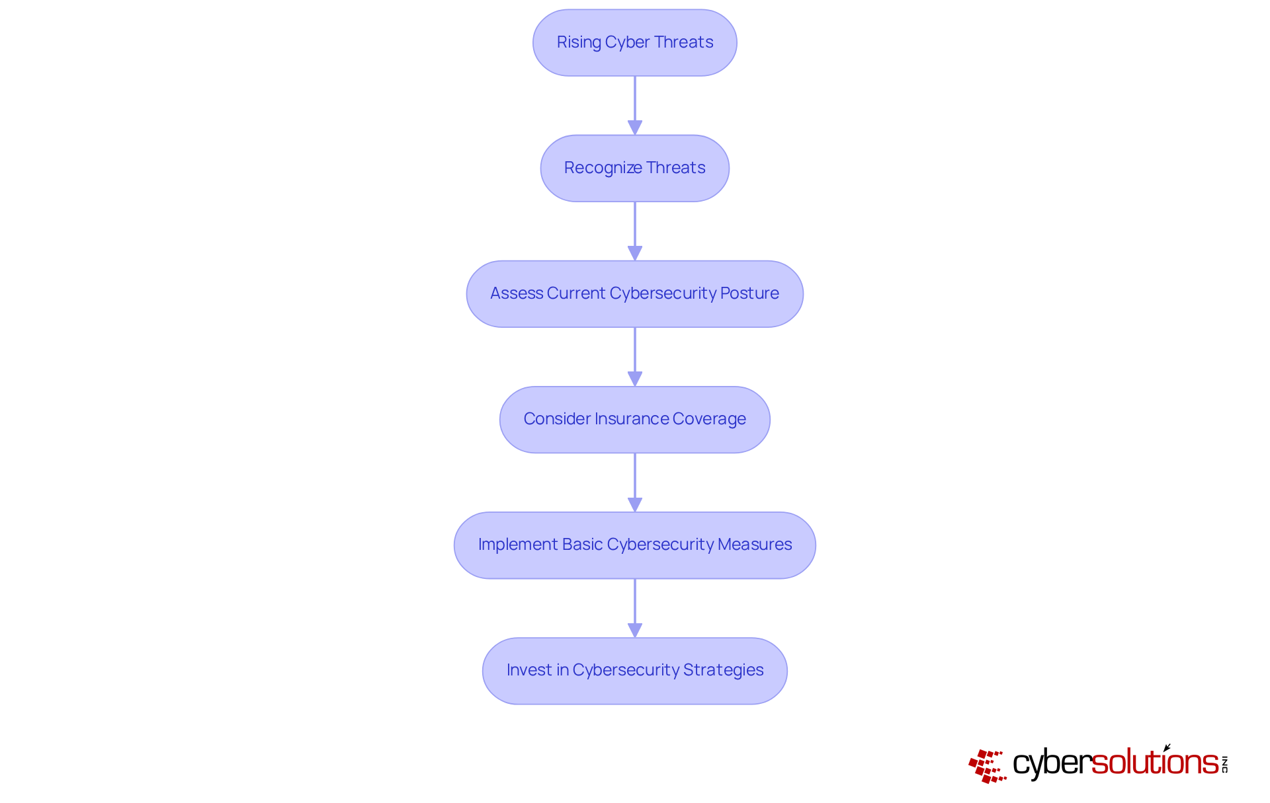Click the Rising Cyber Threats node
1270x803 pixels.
click(634, 42)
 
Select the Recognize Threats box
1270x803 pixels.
click(634, 168)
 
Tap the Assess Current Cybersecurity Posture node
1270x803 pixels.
click(634, 293)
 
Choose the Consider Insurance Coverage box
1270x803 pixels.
click(634, 419)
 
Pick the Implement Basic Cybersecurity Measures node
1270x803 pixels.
click(634, 545)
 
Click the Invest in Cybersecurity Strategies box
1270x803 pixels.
click(634, 670)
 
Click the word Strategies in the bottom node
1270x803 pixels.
click(723, 670)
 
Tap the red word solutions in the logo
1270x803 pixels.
click(1155, 763)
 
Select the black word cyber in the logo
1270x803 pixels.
click(1052, 764)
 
